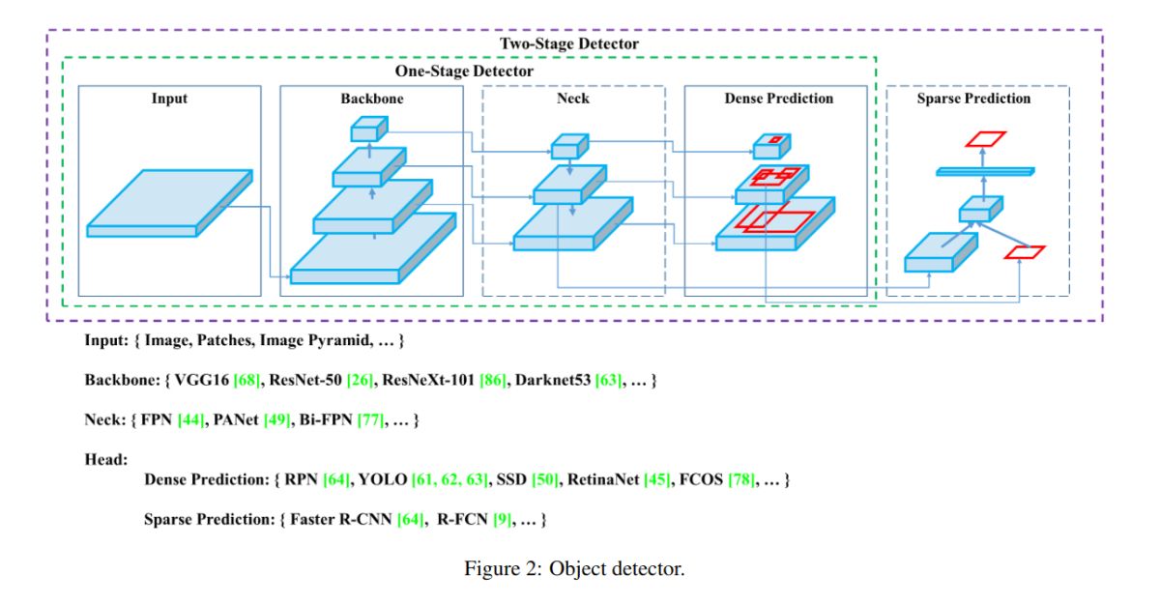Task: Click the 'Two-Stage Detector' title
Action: pos(569,43)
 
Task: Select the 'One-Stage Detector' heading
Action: pos(464,71)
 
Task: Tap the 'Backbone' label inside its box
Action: pos(372,99)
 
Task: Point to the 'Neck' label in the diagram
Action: pos(572,99)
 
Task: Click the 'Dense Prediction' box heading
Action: pos(779,99)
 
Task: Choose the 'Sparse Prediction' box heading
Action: pos(973,99)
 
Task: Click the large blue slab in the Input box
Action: pos(169,203)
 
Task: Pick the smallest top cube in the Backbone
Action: pos(369,129)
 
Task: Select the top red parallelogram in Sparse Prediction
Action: pos(985,139)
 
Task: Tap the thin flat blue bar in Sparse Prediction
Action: pos(985,171)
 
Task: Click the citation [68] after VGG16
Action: pos(246,380)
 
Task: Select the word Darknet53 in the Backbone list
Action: pos(553,380)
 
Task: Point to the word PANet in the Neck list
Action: pos(236,419)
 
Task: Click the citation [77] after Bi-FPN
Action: pos(370,419)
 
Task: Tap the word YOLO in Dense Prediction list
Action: pos(382,479)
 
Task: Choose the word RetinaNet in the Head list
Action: pos(603,479)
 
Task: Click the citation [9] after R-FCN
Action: pos(502,519)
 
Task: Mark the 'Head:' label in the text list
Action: pos(106,460)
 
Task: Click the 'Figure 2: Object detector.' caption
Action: pos(574,568)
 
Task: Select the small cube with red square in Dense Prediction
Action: pos(771,146)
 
